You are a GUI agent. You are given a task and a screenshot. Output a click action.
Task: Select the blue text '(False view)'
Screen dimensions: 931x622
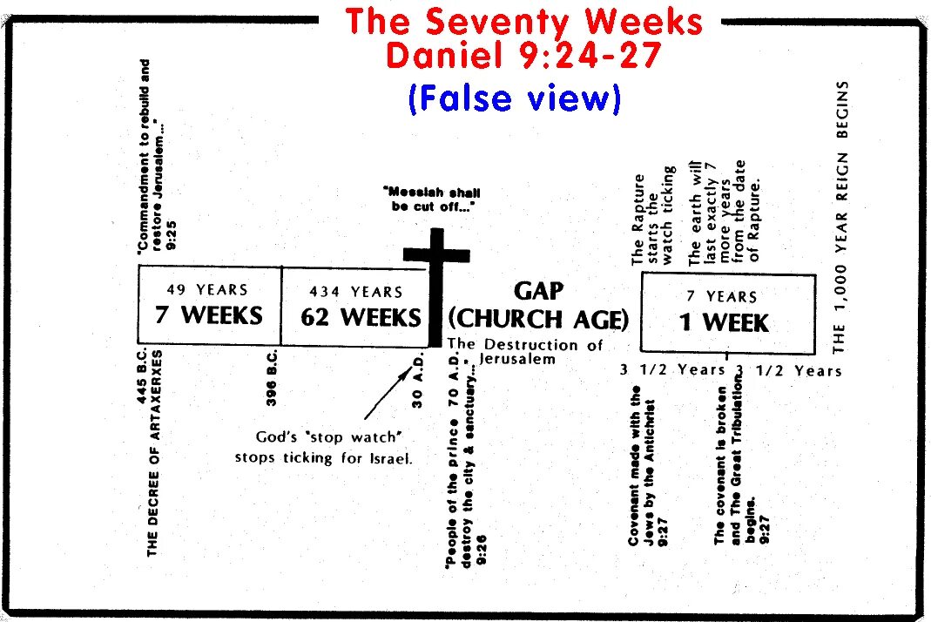pos(515,98)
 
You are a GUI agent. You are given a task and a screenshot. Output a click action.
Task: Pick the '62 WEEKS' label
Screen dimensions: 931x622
pos(361,317)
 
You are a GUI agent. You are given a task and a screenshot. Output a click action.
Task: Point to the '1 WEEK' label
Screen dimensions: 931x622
pos(725,323)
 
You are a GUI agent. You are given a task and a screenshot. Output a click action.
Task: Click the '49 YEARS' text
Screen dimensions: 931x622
pos(207,290)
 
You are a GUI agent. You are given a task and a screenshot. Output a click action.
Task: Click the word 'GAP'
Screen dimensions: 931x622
pos(539,291)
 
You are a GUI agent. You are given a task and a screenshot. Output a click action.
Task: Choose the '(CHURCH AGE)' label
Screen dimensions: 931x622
pos(538,320)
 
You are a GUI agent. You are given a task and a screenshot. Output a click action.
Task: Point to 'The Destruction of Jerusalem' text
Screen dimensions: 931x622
pos(525,351)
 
